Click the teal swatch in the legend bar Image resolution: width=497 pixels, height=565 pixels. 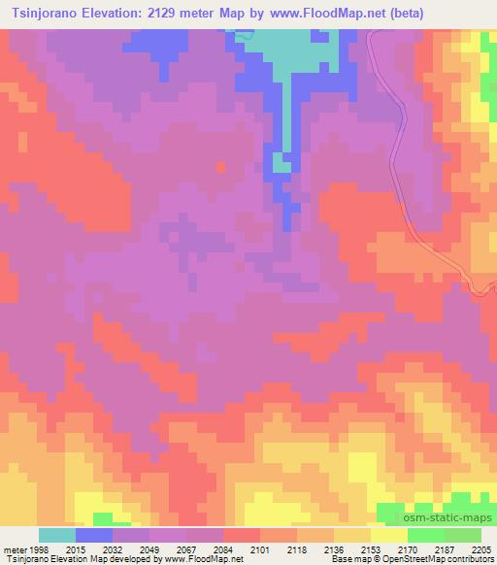(x=56, y=535)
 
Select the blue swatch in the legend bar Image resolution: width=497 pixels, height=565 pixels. (x=94, y=535)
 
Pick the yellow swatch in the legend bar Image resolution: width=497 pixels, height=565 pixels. (x=388, y=535)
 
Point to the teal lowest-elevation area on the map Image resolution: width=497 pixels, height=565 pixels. (x=291, y=53)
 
